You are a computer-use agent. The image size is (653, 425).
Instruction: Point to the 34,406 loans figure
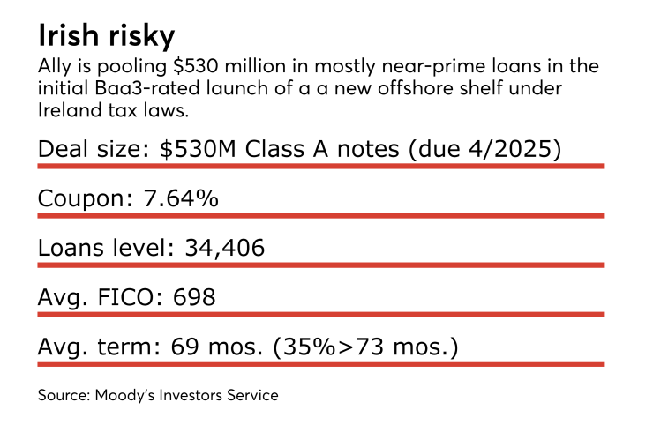[x=224, y=248]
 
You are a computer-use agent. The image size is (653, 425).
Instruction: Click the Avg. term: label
[x=94, y=347]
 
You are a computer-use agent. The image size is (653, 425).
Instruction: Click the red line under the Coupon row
[x=320, y=215]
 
